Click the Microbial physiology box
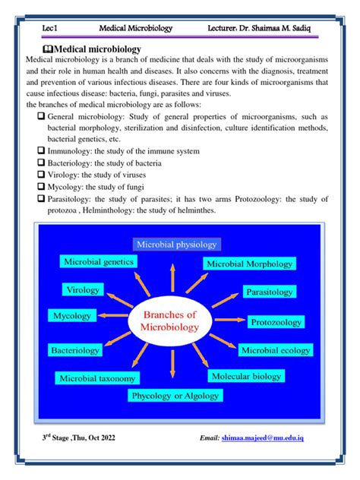tap(176, 245)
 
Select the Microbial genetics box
tap(99, 262)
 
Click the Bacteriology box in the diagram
tap(74, 351)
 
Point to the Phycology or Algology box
tap(175, 396)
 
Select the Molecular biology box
tap(246, 377)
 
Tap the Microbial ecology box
tap(275, 350)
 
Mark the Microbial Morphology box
tap(248, 264)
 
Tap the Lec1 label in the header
tap(51, 27)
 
